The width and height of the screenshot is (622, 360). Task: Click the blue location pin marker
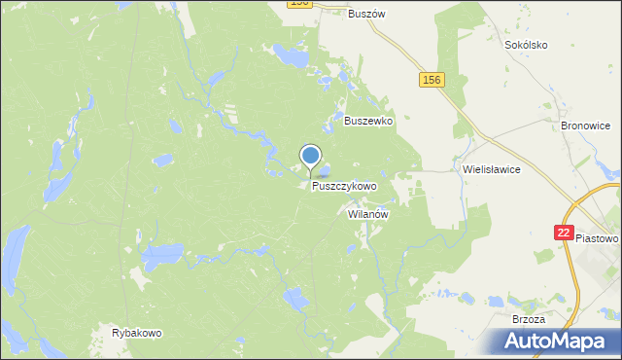point(311,156)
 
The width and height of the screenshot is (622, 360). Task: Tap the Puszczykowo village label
point(344,185)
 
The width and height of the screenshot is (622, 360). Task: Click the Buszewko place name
point(367,122)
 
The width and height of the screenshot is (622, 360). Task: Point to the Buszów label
point(367,14)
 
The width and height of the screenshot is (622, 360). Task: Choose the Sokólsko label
point(527,45)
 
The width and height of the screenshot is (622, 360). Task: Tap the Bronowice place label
point(585,126)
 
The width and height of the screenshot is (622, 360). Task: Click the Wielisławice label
point(492,168)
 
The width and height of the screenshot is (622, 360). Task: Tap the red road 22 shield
point(564,233)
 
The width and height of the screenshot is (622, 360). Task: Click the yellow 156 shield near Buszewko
point(432,80)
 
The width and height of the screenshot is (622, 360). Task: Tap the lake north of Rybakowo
point(160,257)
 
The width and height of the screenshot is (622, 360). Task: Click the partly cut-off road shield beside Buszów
point(299,4)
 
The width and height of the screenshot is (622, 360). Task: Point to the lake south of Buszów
point(291,55)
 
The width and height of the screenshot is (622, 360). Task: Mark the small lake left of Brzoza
point(466,300)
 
